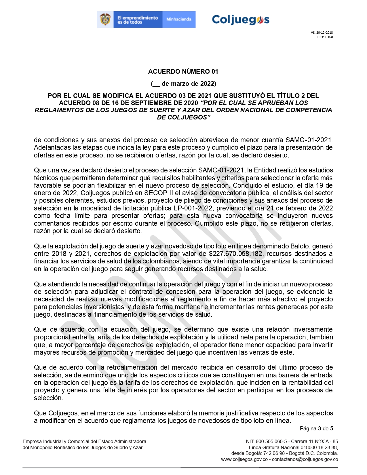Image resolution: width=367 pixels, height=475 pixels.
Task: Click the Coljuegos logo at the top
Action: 240,20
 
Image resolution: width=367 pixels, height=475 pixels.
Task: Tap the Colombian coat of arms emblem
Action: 105,20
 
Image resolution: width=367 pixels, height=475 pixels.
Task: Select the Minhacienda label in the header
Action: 179,20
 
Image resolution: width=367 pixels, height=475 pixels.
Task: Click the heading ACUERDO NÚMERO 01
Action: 183,71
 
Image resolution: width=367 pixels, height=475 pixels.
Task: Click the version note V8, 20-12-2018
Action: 322,33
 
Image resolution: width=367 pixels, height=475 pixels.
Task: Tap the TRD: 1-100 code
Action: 325,37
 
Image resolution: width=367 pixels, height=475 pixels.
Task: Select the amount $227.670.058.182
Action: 236,254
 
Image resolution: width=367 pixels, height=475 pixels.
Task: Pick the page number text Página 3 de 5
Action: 316,428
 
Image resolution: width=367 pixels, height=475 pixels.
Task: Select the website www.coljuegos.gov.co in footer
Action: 244,459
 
